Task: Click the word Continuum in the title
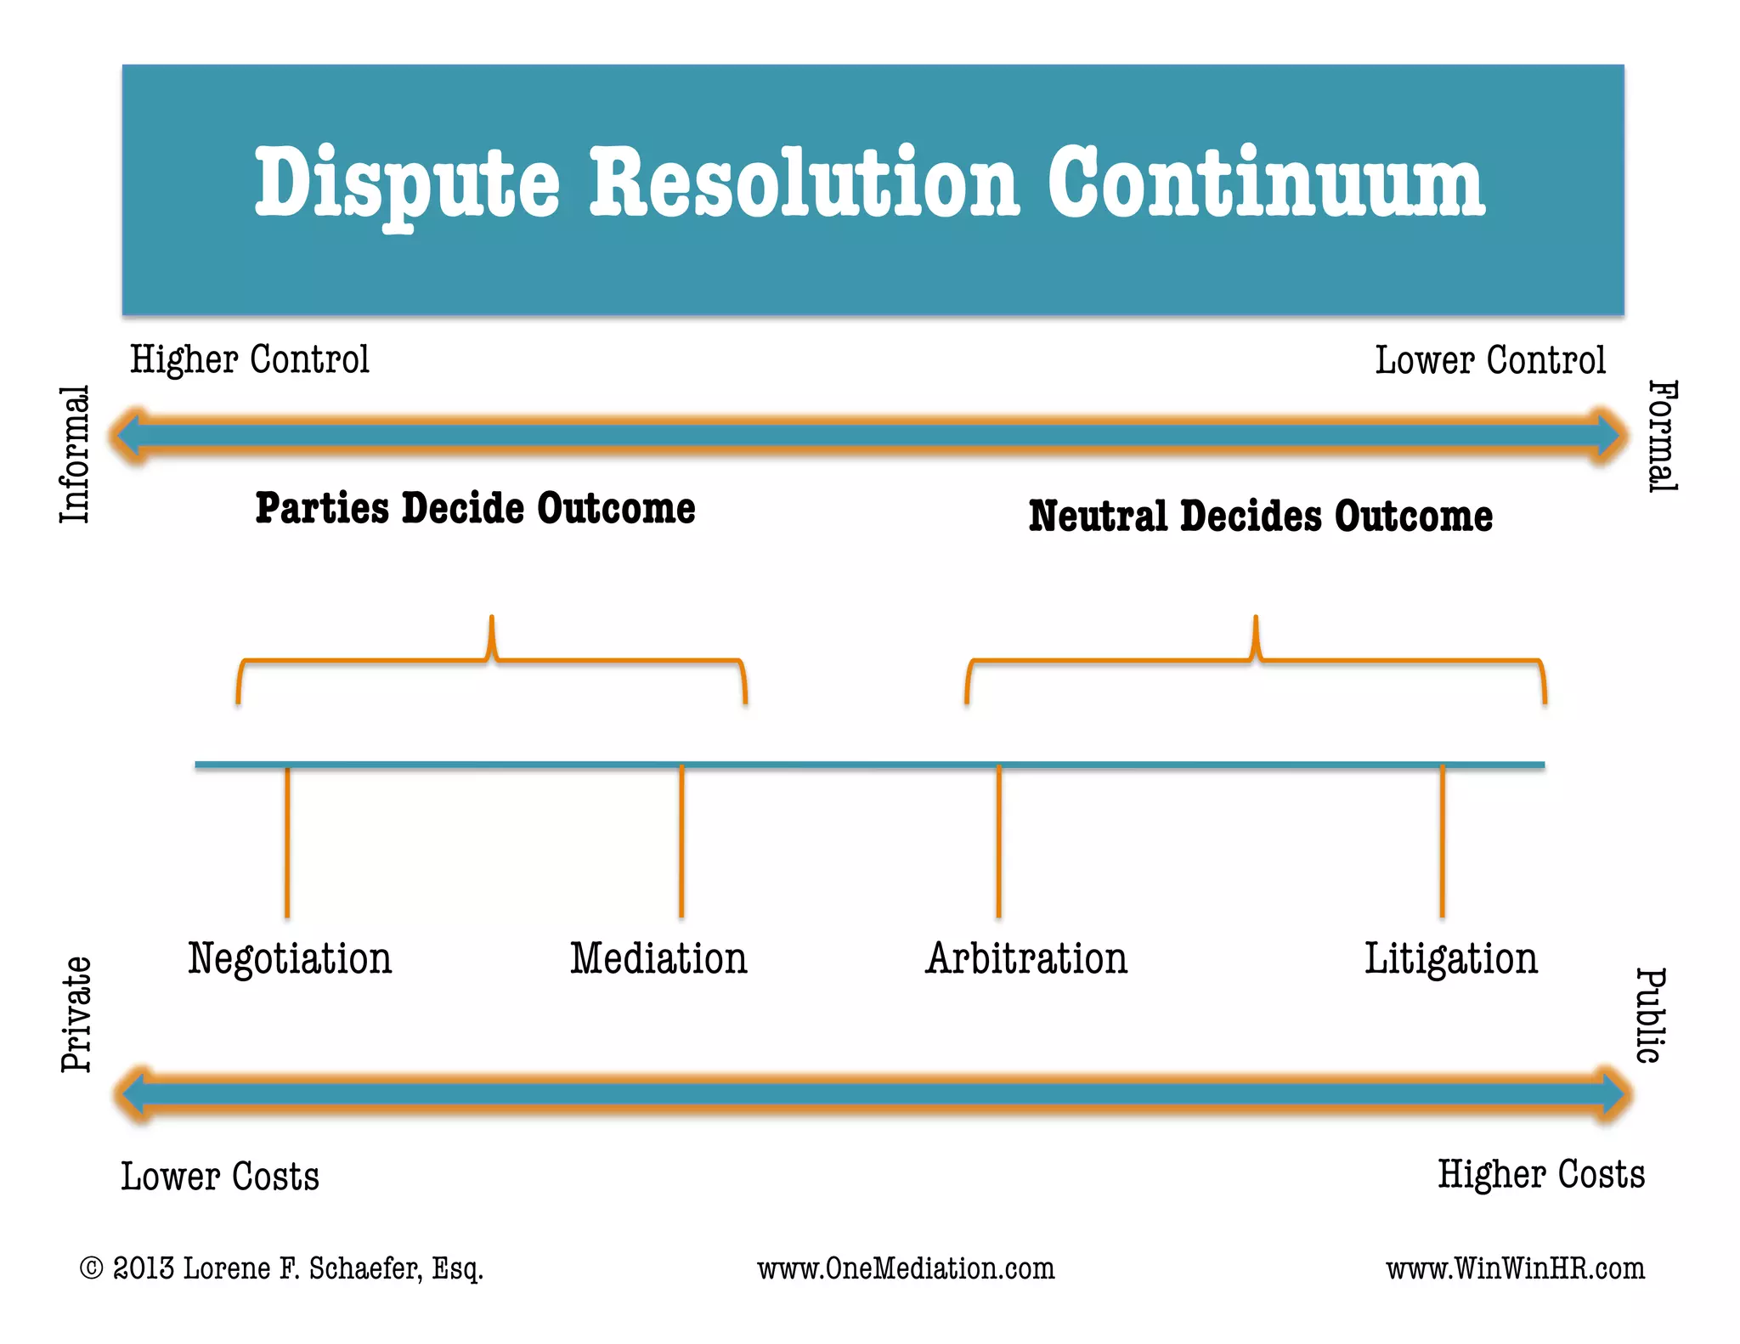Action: click(x=1266, y=183)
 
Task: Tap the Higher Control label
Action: click(x=249, y=360)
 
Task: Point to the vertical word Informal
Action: click(x=75, y=455)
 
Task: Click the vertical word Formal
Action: click(x=1663, y=436)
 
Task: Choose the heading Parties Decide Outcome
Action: click(x=475, y=508)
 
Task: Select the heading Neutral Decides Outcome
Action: click(x=1260, y=517)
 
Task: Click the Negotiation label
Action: click(x=290, y=959)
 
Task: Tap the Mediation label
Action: click(x=658, y=959)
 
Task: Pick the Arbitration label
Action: click(x=1026, y=959)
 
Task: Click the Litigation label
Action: click(x=1450, y=959)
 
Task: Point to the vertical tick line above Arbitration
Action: click(x=999, y=841)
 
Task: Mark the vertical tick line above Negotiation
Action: click(x=287, y=841)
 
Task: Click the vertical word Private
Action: click(x=76, y=1014)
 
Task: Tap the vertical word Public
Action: click(x=1651, y=1015)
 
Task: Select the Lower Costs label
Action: click(x=220, y=1177)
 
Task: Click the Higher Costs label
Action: click(x=1540, y=1175)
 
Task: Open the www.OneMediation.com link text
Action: click(x=906, y=1269)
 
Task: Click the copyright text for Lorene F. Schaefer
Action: click(x=281, y=1268)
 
